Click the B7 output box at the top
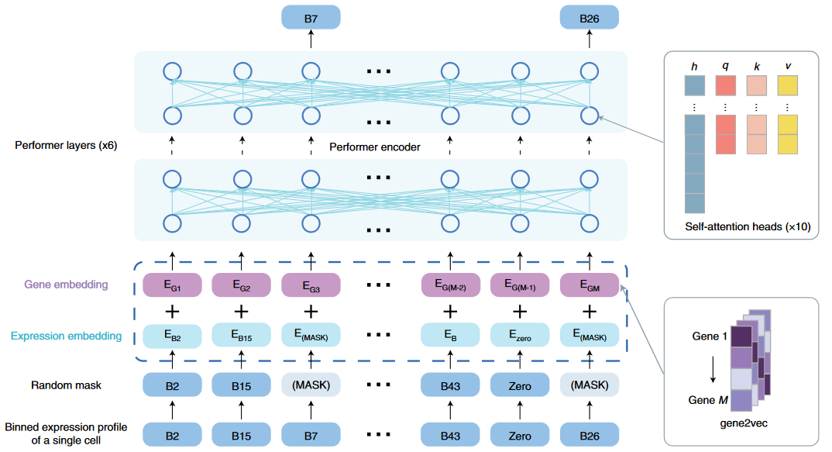coord(311,17)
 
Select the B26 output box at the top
coord(589,17)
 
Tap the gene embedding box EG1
coord(172,285)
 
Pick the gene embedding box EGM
coord(589,285)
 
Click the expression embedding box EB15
coord(242,336)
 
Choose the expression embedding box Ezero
coord(520,336)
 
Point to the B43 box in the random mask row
coord(450,385)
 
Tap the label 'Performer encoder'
coord(375,147)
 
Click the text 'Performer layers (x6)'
coord(65,145)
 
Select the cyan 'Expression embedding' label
coord(66,336)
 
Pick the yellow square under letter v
coord(787,85)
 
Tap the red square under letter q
coord(726,85)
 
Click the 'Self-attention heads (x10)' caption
coord(747,227)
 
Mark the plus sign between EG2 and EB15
coord(242,311)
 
